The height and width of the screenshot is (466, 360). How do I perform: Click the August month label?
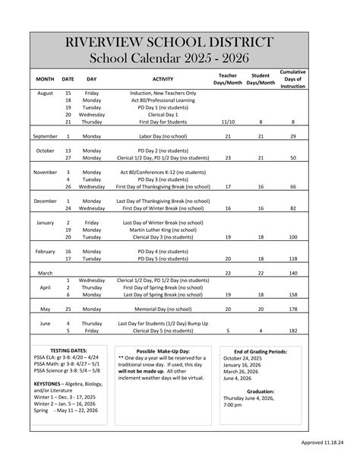point(45,92)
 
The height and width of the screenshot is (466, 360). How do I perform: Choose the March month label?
point(45,272)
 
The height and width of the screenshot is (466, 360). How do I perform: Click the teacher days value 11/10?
point(227,121)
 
